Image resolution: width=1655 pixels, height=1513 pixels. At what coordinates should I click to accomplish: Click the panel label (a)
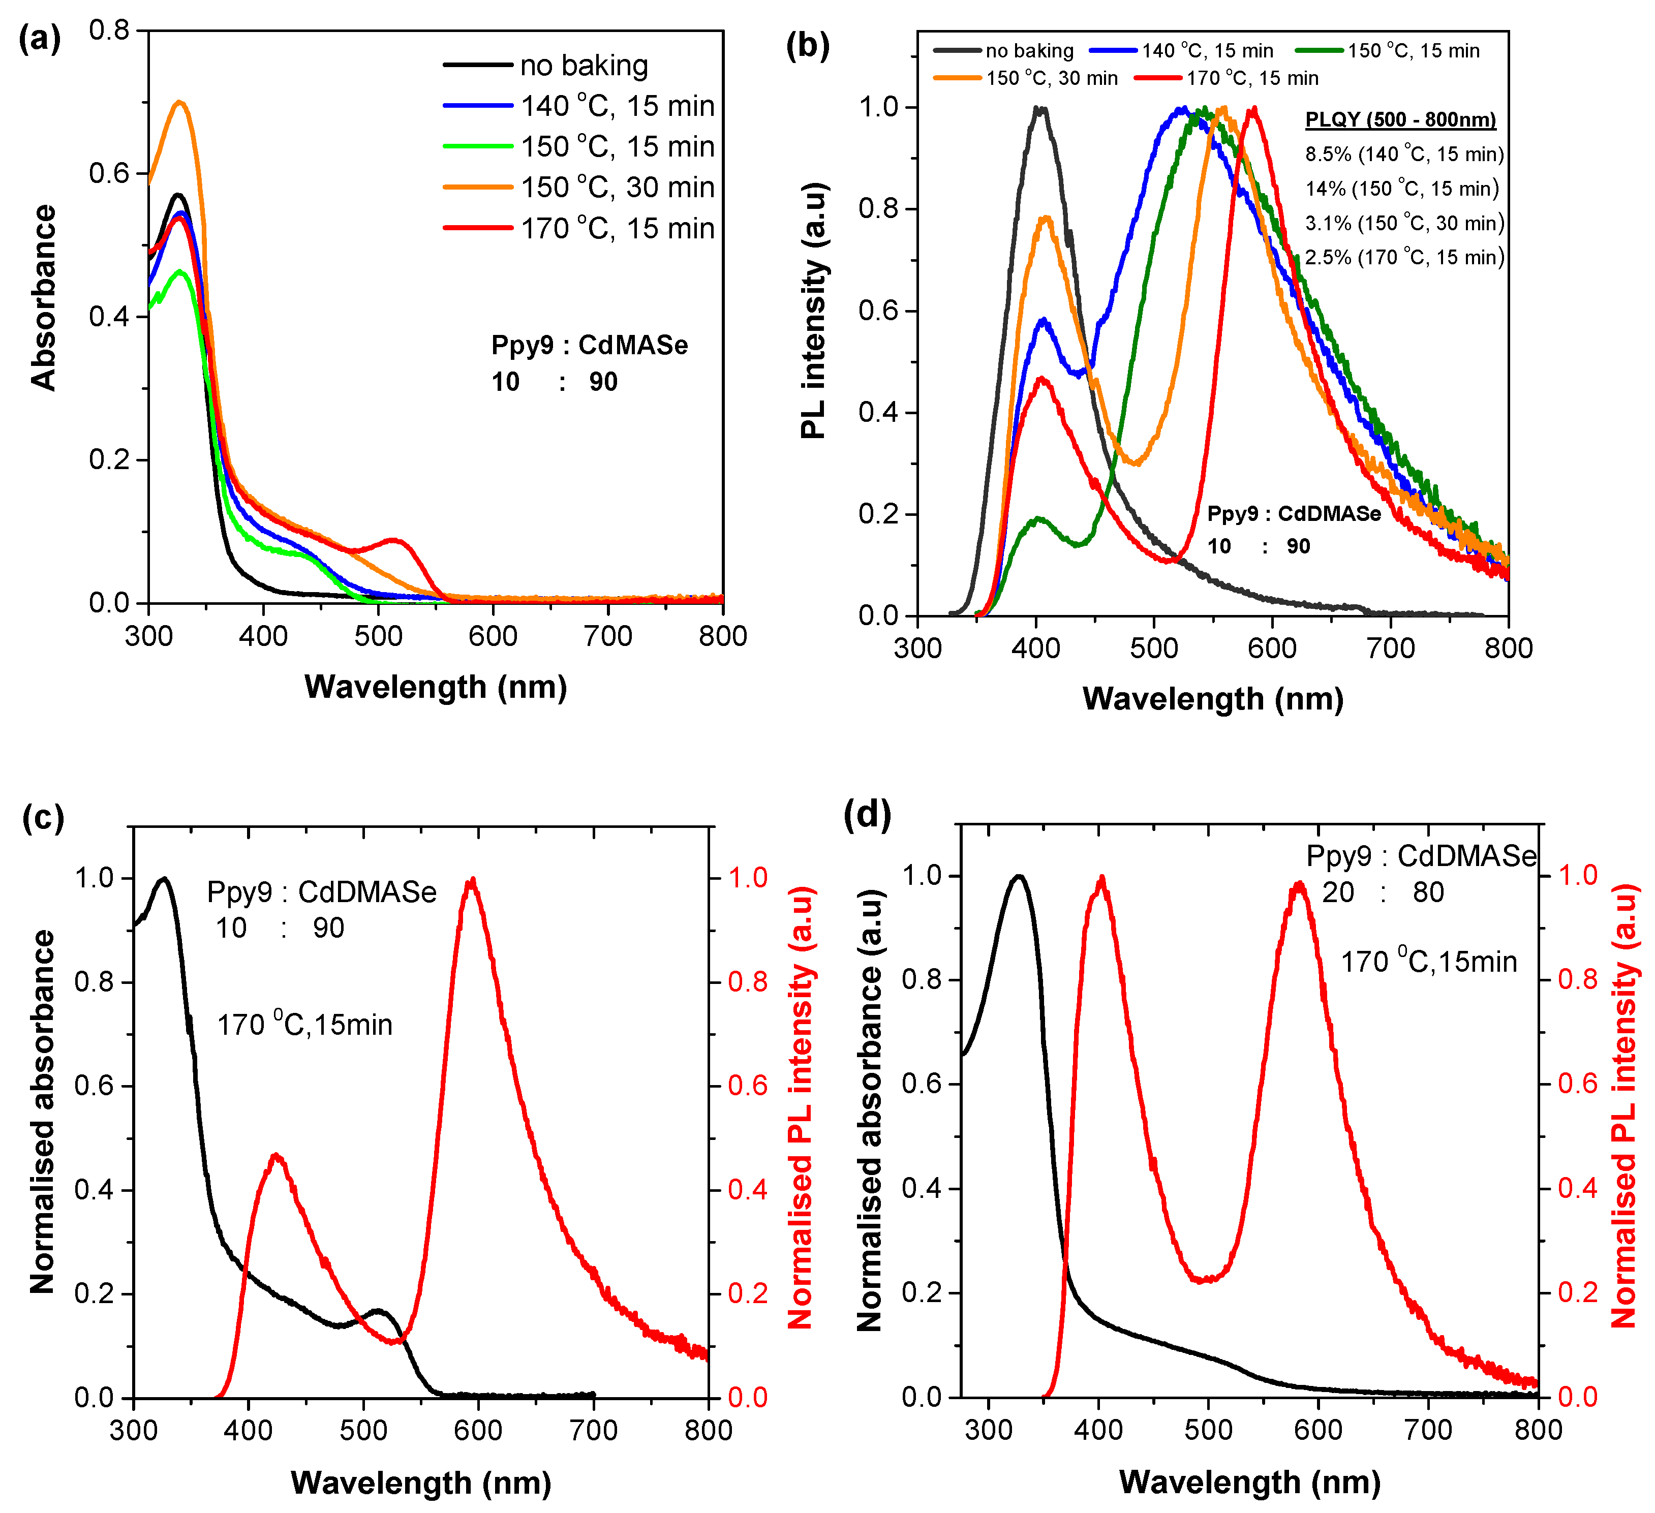(40, 39)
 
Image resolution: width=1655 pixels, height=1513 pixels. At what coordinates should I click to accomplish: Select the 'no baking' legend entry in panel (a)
(583, 65)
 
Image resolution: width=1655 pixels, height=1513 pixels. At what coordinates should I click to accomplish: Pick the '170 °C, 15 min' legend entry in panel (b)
(1252, 78)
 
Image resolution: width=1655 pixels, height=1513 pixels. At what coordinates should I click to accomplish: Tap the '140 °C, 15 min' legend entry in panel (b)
(1207, 51)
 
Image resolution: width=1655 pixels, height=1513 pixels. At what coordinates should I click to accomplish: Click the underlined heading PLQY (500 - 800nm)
(1400, 120)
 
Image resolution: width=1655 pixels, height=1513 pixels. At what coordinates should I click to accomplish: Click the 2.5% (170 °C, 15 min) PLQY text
(1404, 258)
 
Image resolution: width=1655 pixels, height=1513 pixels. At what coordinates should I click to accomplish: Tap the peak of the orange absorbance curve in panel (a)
(180, 102)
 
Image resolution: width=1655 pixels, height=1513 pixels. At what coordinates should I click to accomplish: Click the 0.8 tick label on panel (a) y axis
(109, 30)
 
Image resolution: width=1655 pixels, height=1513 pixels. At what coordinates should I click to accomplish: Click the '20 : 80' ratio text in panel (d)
(1383, 892)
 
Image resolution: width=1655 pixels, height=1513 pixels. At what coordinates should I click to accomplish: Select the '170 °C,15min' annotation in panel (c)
(304, 1025)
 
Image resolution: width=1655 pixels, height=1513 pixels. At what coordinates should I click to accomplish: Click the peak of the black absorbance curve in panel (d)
(1019, 876)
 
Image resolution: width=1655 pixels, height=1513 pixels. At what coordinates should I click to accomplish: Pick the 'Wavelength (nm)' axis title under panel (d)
(1249, 1482)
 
